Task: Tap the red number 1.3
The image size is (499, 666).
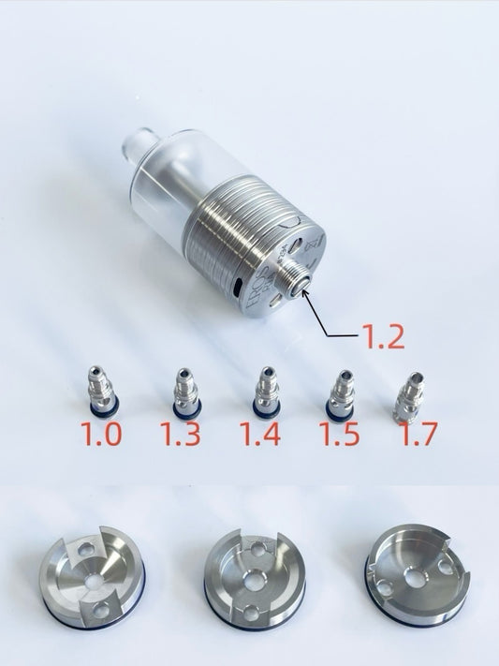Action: coord(179,436)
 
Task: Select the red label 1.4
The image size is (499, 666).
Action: coord(259,436)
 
